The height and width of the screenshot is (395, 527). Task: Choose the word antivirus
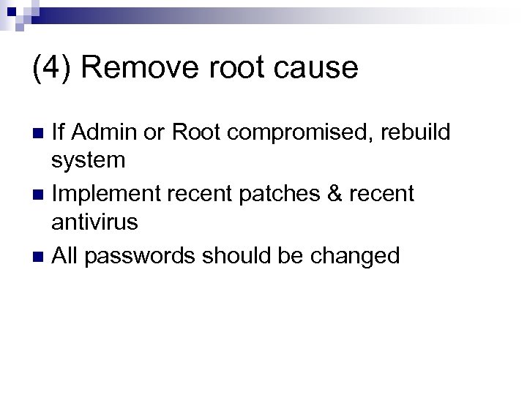95,222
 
